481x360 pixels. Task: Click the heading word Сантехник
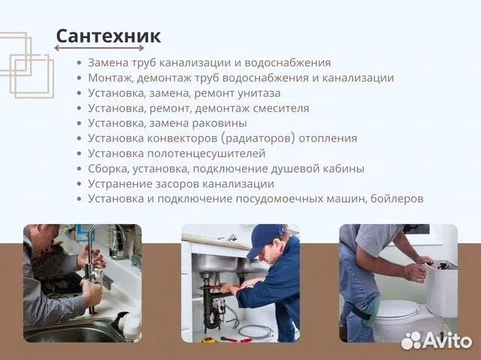[108, 35]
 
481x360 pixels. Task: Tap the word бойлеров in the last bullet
[398, 198]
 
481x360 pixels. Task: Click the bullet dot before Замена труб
[80, 63]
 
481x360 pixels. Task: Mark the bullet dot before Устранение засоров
[80, 183]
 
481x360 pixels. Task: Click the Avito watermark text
[448, 340]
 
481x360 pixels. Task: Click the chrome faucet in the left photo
[92, 248]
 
